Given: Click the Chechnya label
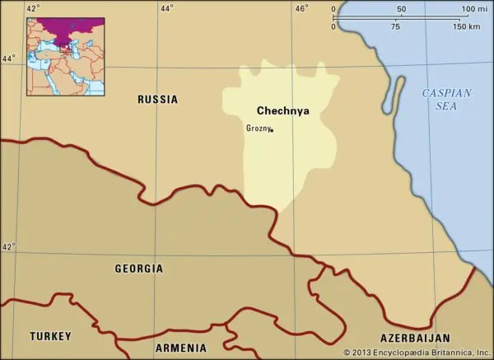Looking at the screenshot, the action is point(283,110).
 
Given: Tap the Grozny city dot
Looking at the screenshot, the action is point(273,130).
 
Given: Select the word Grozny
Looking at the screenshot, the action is point(257,128).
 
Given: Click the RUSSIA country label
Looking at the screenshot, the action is point(157,100).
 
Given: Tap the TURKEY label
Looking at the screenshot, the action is point(50,336).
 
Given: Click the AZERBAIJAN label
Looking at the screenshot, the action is point(415,339).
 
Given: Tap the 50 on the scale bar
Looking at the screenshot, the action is point(401,9).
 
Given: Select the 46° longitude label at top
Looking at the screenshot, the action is point(301,8).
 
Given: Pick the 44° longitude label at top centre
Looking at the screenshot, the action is point(166,8).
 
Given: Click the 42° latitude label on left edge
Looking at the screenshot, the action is point(8,246).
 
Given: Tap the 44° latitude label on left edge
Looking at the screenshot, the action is point(8,58).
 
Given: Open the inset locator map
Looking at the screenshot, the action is point(65,56).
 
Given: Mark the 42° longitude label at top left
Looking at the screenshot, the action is point(33,8).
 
